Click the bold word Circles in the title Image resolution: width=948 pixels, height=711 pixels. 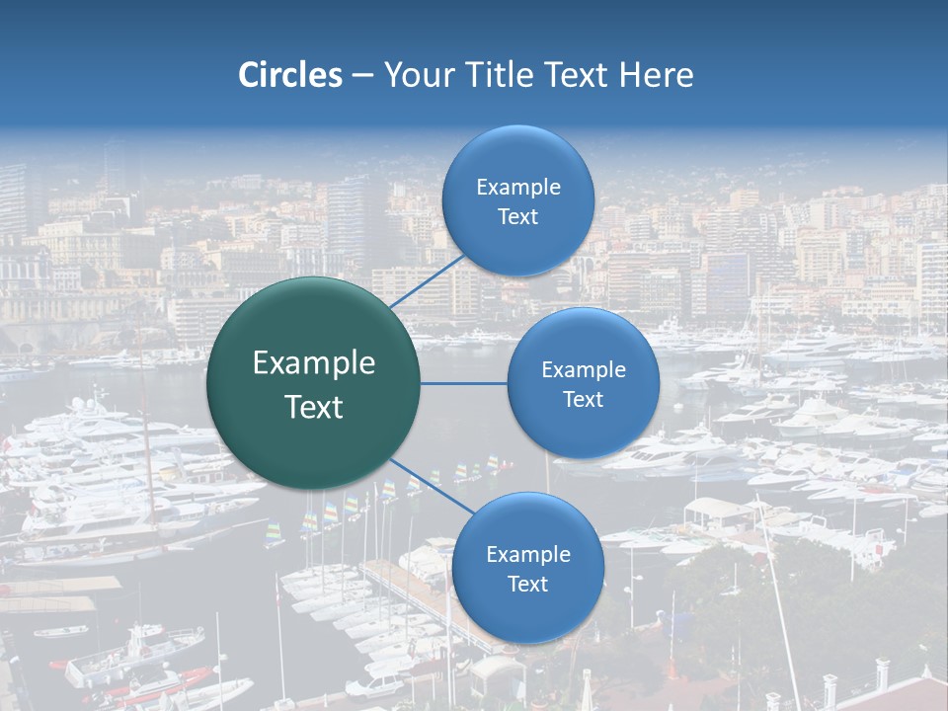click(290, 75)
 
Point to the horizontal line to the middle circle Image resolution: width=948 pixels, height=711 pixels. click(464, 383)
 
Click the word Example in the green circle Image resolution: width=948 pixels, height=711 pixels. click(314, 363)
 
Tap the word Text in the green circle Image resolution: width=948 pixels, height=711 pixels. click(314, 407)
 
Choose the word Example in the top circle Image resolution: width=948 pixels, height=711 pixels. click(518, 187)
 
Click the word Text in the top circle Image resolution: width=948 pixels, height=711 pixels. click(517, 216)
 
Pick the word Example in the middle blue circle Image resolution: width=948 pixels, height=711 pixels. click(584, 369)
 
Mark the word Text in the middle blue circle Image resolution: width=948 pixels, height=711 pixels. click(583, 399)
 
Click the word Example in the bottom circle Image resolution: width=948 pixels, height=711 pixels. click(528, 554)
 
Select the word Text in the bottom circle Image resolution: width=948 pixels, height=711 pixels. click(527, 584)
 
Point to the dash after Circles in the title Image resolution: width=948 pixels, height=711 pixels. click(362, 76)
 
